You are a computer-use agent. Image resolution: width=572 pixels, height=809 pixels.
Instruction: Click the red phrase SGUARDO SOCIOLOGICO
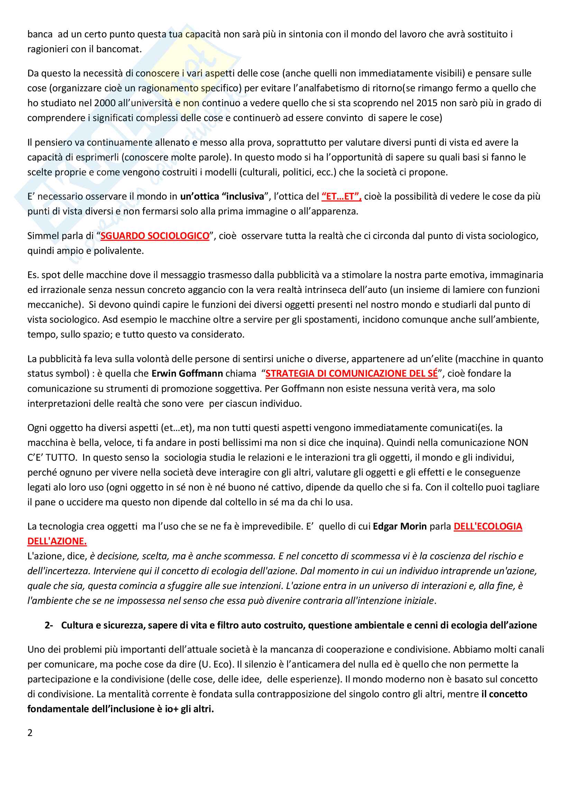tap(155, 236)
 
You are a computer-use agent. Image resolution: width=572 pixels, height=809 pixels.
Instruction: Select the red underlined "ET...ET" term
tap(341, 196)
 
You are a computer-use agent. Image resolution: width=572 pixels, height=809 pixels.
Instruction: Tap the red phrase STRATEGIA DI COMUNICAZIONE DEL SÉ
tap(351, 374)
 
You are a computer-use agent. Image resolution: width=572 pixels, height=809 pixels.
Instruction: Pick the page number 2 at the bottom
tap(30, 733)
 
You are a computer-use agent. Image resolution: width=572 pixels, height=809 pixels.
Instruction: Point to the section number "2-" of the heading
tap(49, 625)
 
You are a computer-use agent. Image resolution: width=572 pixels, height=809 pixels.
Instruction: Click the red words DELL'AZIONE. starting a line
tap(57, 541)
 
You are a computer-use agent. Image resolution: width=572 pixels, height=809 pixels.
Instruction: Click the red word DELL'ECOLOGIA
tap(488, 526)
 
